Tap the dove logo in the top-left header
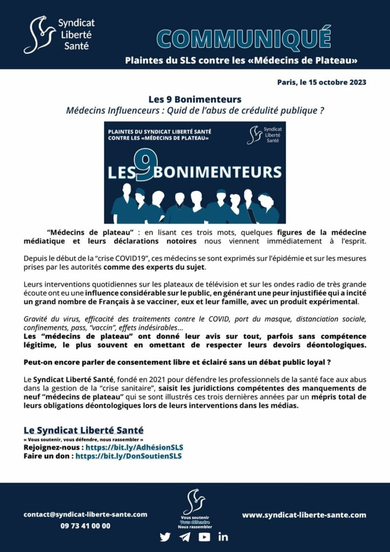click(x=39, y=34)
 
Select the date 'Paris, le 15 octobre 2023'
click(x=322, y=82)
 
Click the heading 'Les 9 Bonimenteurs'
click(x=195, y=100)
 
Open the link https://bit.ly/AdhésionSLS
click(x=134, y=447)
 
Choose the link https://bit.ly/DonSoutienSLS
click(x=128, y=456)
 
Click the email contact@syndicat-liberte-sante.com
click(x=85, y=514)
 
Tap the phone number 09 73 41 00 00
click(x=85, y=526)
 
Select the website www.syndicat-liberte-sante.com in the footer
click(x=304, y=515)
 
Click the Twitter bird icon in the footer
click(x=165, y=537)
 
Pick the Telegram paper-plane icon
click(x=185, y=537)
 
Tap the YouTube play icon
click(x=204, y=537)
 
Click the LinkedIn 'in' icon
click(x=223, y=537)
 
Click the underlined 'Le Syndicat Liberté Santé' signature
click(x=83, y=430)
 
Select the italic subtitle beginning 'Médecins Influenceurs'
click(x=194, y=111)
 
